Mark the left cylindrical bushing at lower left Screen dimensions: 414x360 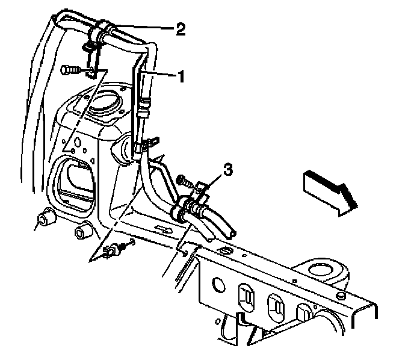pos(43,218)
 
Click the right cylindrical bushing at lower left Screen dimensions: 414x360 pos(82,231)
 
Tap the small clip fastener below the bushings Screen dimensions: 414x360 pos(112,250)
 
